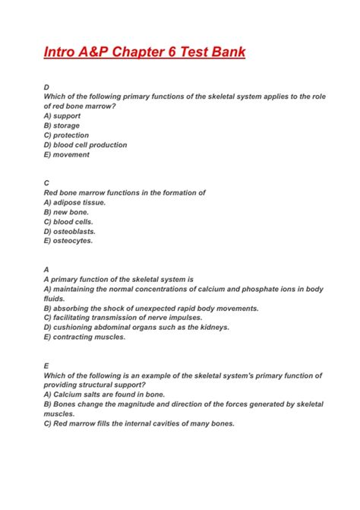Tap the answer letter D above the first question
[47, 87]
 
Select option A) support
[62, 116]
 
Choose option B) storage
[62, 125]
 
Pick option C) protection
[66, 135]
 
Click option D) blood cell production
[85, 145]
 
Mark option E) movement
[66, 154]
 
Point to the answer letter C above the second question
[47, 183]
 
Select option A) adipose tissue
[74, 203]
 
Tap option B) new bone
[66, 212]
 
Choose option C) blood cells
[69, 222]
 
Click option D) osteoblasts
[69, 231]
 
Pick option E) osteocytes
[68, 241]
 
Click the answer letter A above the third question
[47, 270]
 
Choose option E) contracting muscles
[84, 337]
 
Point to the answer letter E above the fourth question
[47, 366]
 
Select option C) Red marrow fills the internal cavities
[139, 423]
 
